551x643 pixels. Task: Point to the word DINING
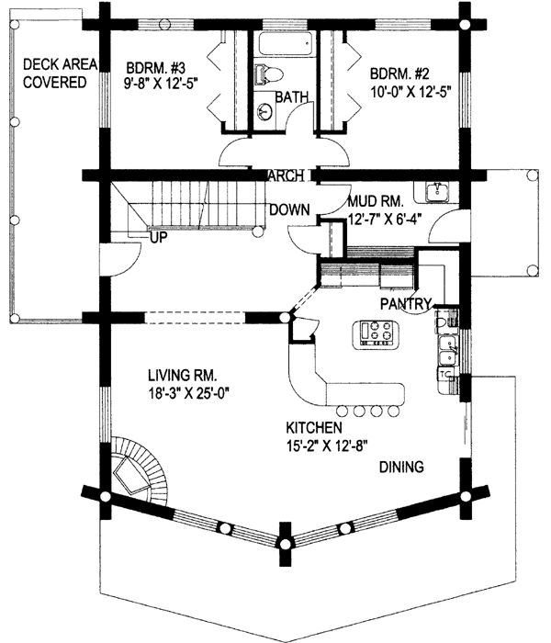[x=400, y=468]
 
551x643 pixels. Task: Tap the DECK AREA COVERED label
[x=54, y=73]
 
